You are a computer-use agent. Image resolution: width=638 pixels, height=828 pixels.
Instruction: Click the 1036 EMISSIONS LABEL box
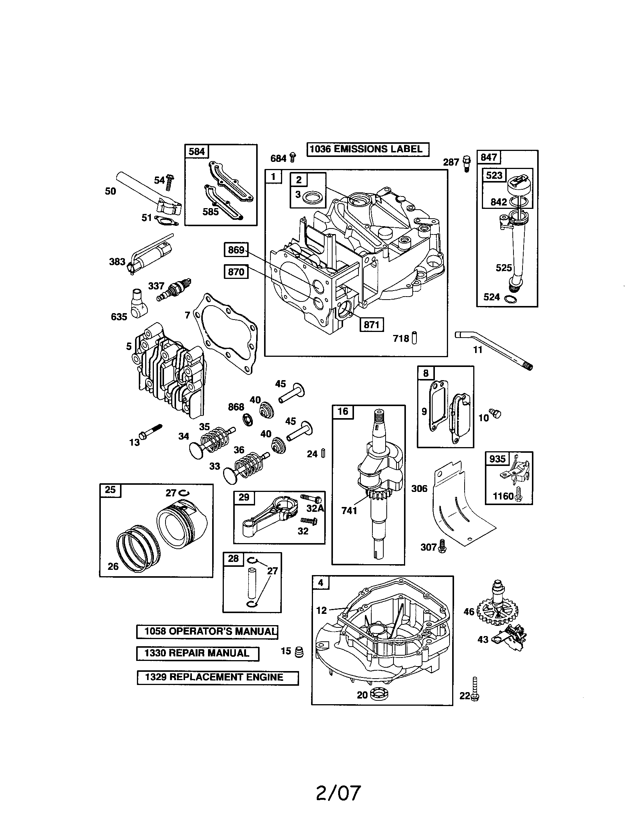(x=368, y=149)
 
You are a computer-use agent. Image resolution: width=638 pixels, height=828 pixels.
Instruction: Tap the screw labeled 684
(x=293, y=157)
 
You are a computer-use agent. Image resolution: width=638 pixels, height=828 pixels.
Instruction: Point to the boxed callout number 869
(x=236, y=250)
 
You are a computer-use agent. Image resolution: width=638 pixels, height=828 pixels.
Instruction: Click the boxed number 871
(x=371, y=325)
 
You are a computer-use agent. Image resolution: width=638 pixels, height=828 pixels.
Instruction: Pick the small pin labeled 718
(x=414, y=338)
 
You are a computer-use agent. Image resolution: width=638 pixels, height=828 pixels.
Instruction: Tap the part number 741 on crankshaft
(x=349, y=511)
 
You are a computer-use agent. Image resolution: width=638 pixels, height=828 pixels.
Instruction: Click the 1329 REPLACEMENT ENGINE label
(x=217, y=677)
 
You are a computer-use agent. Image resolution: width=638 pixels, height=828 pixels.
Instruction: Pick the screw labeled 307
(x=442, y=547)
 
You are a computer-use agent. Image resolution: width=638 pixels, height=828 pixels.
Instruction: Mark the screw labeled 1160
(x=519, y=495)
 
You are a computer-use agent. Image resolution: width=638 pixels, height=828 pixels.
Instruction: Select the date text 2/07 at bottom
(x=338, y=793)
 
